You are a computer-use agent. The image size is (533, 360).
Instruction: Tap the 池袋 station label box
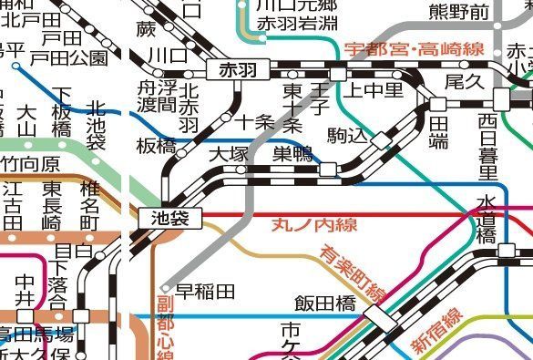point(169,218)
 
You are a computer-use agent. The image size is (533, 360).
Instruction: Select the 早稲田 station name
point(205,292)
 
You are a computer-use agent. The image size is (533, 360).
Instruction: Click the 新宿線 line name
point(436,331)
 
